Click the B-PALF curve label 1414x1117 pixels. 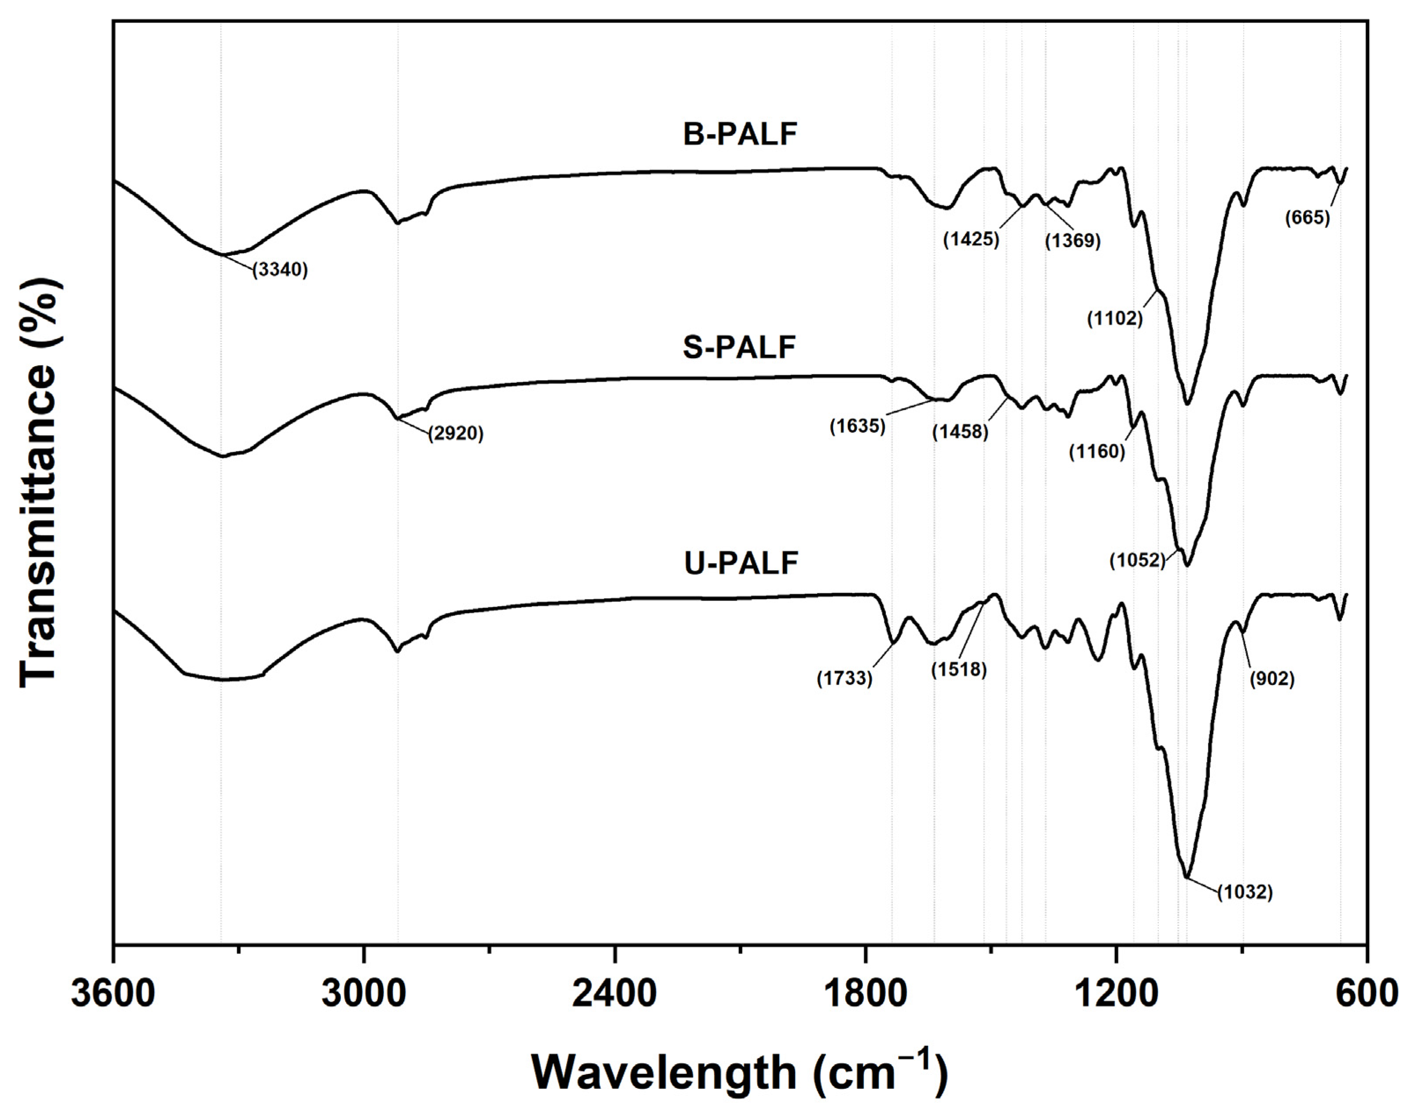(740, 135)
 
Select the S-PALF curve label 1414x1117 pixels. (739, 347)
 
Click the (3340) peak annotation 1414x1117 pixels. (280, 269)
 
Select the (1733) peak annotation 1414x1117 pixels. (844, 679)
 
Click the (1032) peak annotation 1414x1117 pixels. (1245, 892)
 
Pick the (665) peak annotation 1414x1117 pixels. (1307, 218)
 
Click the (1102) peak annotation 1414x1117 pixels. (1115, 319)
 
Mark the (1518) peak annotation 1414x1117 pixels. (959, 669)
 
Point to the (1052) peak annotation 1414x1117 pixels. (1137, 560)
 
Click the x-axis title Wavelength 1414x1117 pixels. (739, 1073)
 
